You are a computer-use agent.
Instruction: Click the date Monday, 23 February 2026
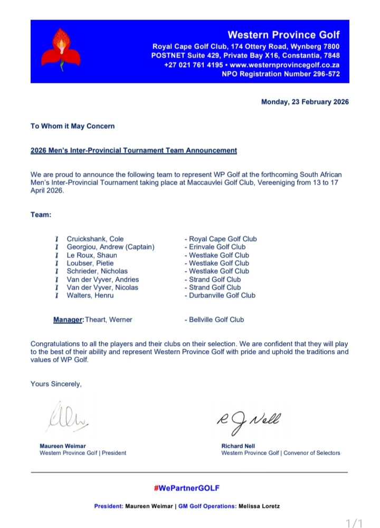(x=305, y=102)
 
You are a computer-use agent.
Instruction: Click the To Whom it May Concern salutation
(x=72, y=126)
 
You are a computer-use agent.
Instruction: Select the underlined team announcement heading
(x=134, y=150)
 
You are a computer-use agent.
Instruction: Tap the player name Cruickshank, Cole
(x=96, y=239)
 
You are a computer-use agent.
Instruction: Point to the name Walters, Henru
(x=90, y=295)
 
